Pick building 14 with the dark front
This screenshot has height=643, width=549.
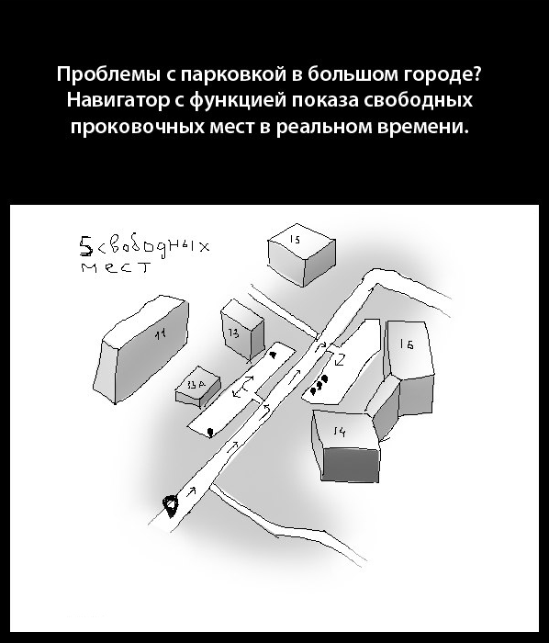click(x=344, y=441)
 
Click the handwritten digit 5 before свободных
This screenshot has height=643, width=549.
click(x=85, y=245)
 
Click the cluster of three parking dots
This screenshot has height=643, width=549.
click(x=319, y=384)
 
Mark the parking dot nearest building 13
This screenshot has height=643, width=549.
click(x=273, y=354)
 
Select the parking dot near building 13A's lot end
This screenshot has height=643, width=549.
click(x=211, y=430)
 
